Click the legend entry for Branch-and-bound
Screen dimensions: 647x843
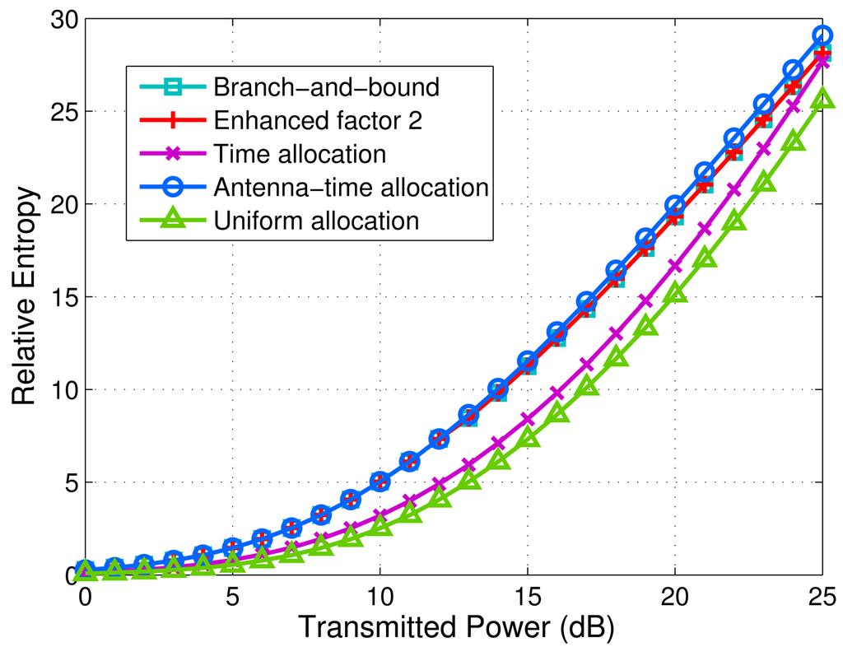tap(325, 86)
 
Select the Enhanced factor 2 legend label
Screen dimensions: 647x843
tap(317, 120)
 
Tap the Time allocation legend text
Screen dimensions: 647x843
tap(299, 154)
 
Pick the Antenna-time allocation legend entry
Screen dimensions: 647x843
tap(350, 187)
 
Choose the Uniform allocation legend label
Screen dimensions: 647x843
tap(315, 221)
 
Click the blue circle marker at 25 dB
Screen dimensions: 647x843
tap(822, 36)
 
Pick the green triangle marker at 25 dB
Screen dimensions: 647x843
tap(822, 100)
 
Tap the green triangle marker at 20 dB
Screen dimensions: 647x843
tap(674, 292)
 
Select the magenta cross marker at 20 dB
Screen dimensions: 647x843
tap(674, 266)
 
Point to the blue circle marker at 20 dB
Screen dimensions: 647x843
tap(674, 206)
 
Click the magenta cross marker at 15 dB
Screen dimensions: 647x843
tap(527, 420)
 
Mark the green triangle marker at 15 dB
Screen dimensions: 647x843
tap(527, 438)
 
